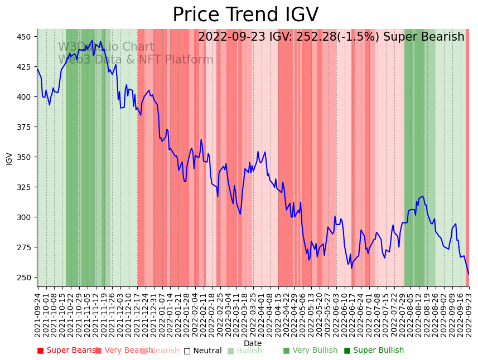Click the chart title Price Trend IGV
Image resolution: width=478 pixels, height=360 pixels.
pyautogui.click(x=245, y=15)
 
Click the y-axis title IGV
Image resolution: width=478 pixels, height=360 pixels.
pyautogui.click(x=9, y=158)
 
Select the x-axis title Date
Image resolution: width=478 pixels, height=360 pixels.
pyautogui.click(x=253, y=343)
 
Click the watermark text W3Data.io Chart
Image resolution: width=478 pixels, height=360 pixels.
pyautogui.click(x=106, y=47)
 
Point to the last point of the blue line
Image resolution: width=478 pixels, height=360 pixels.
pyautogui.click(x=469, y=274)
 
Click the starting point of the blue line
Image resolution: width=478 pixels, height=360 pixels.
pyautogui.click(x=37, y=69)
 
